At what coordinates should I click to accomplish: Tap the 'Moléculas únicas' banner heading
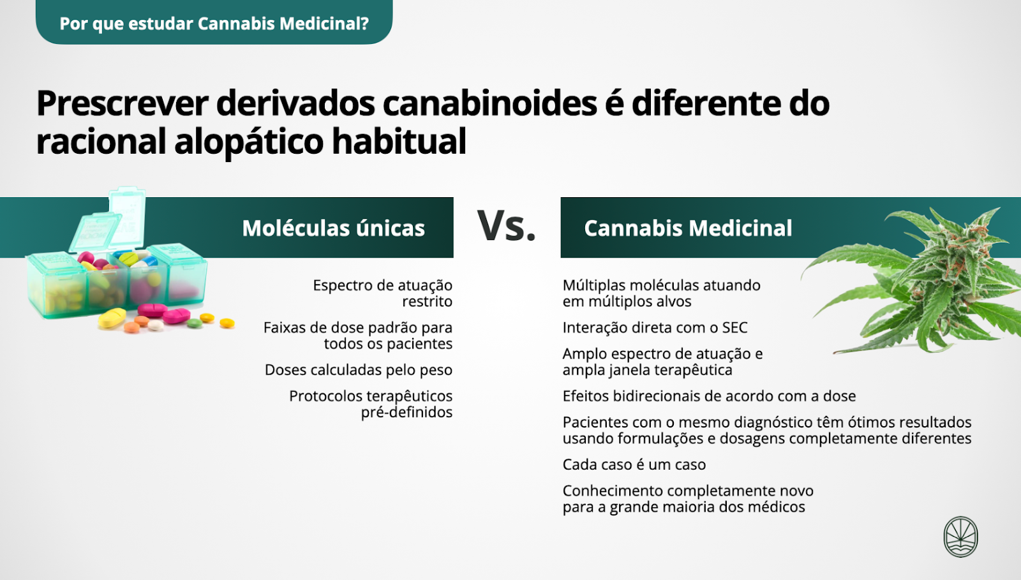[333, 228]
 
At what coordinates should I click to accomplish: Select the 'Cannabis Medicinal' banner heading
[688, 228]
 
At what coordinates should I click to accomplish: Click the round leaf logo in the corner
[960, 536]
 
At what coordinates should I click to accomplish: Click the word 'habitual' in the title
[399, 141]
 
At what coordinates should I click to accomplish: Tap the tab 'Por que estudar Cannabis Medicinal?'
[214, 23]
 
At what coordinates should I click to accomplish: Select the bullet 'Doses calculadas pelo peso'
[358, 369]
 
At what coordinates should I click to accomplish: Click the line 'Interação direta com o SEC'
[655, 327]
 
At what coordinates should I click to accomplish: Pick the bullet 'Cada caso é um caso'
[634, 465]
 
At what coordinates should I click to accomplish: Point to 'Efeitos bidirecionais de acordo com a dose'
[709, 396]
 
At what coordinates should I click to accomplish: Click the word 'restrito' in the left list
[427, 301]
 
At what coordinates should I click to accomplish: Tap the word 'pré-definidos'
[406, 412]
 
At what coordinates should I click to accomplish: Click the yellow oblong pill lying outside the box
[112, 318]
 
